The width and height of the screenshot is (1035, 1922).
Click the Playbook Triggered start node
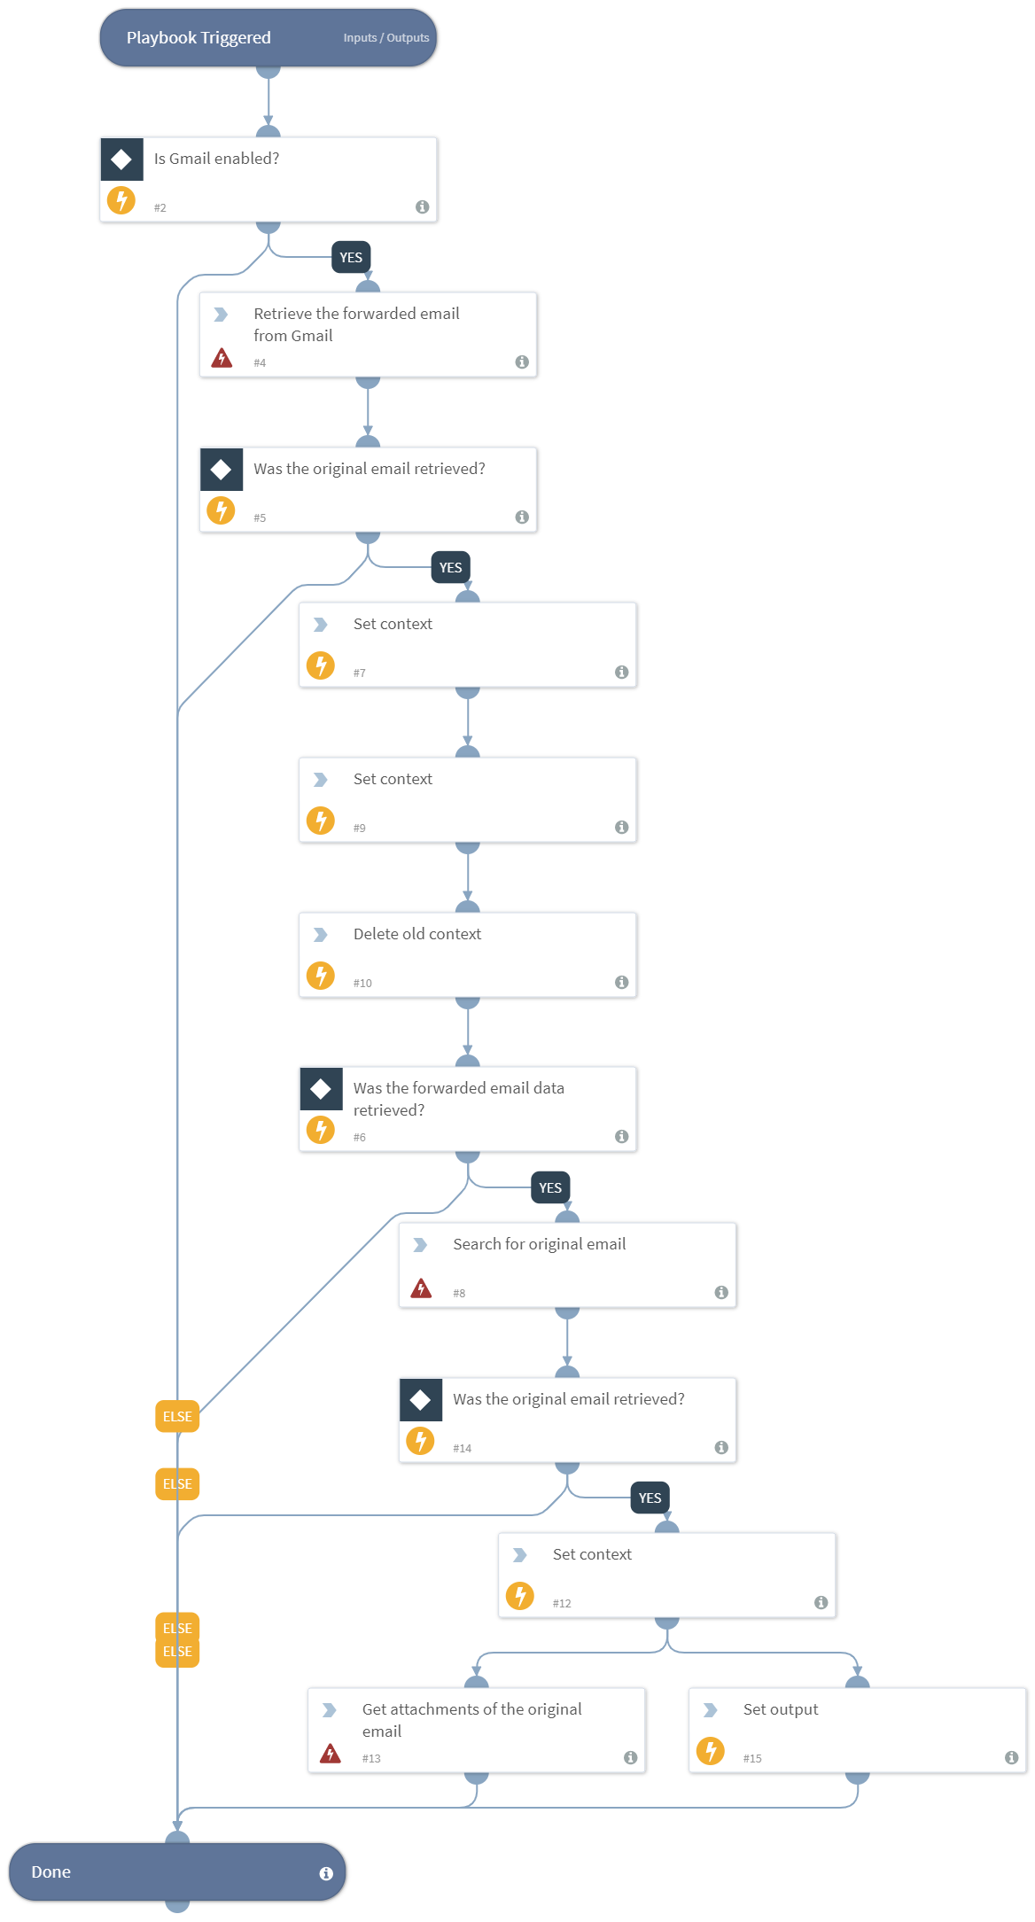198,38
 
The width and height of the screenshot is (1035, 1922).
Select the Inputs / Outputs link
385,38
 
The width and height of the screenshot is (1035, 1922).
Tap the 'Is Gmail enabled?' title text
216,159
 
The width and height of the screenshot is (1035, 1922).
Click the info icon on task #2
423,206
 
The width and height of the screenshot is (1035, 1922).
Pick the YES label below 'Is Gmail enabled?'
351,258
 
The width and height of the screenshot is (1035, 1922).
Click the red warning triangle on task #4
222,358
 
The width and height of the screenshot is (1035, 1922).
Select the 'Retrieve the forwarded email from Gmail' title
356,324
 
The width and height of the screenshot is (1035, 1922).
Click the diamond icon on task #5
222,469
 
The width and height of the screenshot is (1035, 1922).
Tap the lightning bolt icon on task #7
321,665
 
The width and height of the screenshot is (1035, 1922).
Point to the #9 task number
360,828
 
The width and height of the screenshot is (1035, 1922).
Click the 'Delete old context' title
416,934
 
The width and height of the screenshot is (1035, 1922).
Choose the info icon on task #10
622,982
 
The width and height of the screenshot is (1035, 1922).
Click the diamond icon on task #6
321,1089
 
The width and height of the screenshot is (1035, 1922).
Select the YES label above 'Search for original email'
550,1188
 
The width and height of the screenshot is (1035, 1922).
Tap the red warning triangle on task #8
421,1288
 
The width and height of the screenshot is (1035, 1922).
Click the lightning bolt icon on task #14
420,1440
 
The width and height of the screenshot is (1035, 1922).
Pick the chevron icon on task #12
520,1555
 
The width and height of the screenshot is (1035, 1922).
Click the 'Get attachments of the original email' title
471,1720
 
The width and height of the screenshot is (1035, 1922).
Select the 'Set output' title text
781,1709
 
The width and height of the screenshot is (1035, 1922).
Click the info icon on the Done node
326,1873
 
